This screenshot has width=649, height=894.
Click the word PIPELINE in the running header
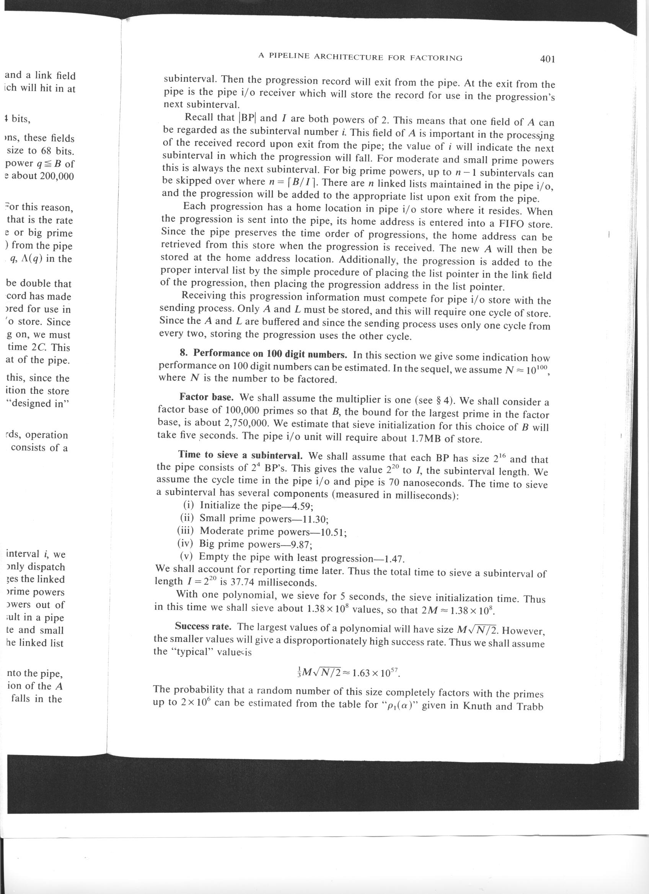[x=289, y=56]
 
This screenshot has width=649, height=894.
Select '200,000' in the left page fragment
[x=57, y=176]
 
